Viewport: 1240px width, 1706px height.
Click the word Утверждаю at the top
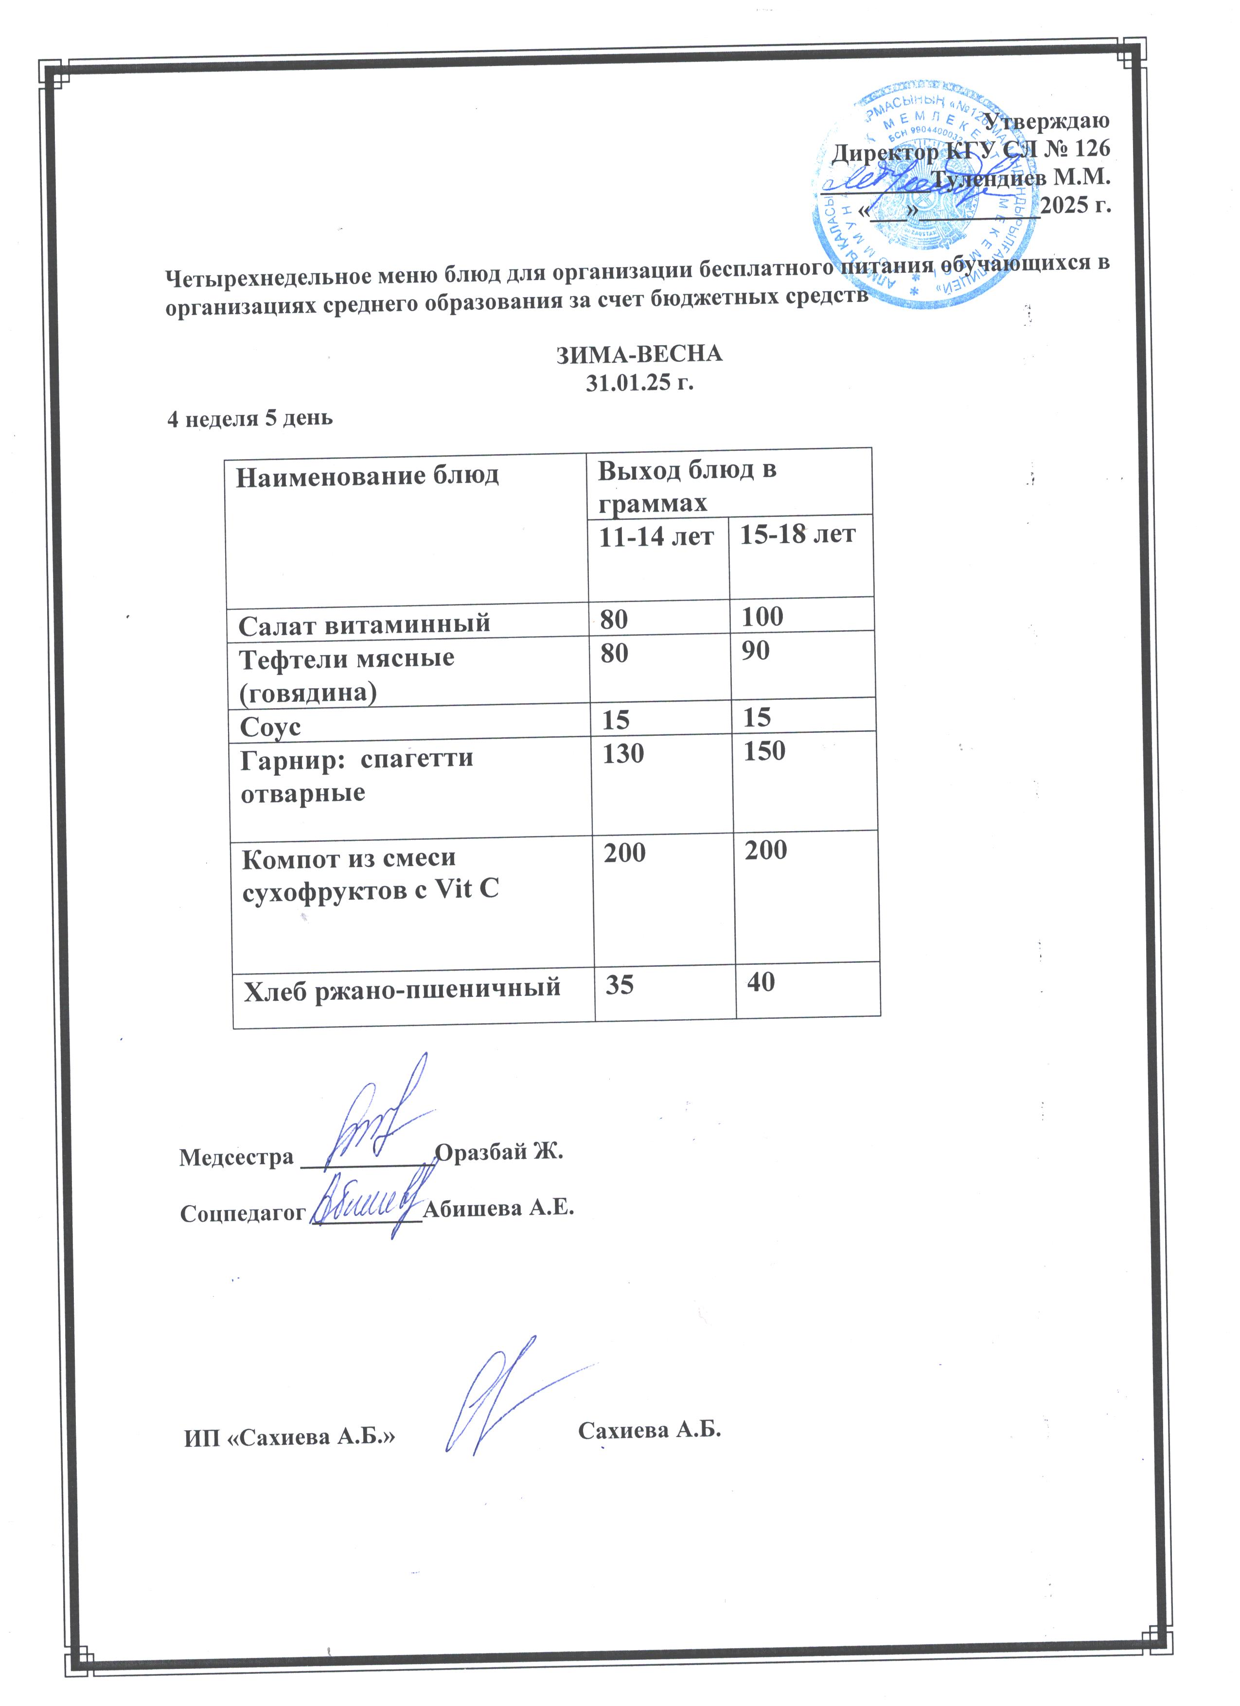[1047, 120]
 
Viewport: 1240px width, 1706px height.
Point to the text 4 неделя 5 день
[249, 418]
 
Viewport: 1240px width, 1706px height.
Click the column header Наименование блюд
[367, 476]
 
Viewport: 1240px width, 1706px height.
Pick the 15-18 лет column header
[798, 534]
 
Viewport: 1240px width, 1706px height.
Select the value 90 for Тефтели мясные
[756, 650]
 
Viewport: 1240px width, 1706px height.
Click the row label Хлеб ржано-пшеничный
[402, 987]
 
